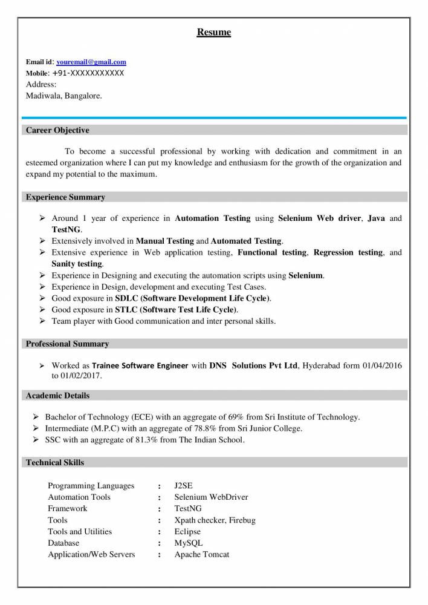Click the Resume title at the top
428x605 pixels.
[x=213, y=32]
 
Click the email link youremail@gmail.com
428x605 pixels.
[x=91, y=62]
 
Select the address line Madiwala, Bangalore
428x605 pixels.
[x=64, y=96]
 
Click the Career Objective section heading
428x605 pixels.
[x=57, y=130]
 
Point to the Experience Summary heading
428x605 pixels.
[x=65, y=197]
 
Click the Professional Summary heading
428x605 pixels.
[x=67, y=344]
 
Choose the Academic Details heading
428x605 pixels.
[x=57, y=396]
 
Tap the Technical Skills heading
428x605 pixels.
[x=55, y=463]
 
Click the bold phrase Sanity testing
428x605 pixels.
[x=77, y=264]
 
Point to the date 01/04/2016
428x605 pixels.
[x=382, y=366]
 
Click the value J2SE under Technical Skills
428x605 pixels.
[x=183, y=486]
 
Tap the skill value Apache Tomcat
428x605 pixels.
[x=202, y=554]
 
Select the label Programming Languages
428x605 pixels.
[x=91, y=486]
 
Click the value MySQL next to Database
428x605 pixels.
[x=188, y=543]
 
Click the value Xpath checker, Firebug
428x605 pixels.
[x=215, y=520]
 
